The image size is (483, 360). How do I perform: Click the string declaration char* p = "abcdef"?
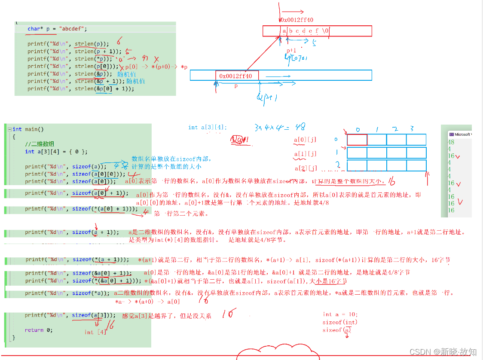click(57, 29)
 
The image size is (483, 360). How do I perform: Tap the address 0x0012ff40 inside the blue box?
click(237, 76)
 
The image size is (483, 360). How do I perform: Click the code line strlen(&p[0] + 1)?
click(81, 88)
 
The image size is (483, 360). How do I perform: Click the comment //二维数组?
click(40, 144)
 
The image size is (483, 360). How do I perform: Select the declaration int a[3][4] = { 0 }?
click(56, 151)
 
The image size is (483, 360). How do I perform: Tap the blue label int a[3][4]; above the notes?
click(207, 127)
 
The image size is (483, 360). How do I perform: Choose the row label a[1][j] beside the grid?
click(305, 154)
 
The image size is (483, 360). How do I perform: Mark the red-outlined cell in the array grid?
click(357, 140)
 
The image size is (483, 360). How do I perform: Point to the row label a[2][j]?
click(306, 168)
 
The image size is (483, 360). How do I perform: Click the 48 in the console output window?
click(451, 142)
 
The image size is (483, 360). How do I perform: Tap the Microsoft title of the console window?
click(462, 134)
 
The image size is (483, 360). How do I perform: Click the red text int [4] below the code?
click(95, 332)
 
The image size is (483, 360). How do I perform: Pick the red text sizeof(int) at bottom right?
click(339, 322)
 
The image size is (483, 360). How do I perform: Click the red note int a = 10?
click(340, 314)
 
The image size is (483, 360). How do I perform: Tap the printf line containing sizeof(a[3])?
click(70, 315)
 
